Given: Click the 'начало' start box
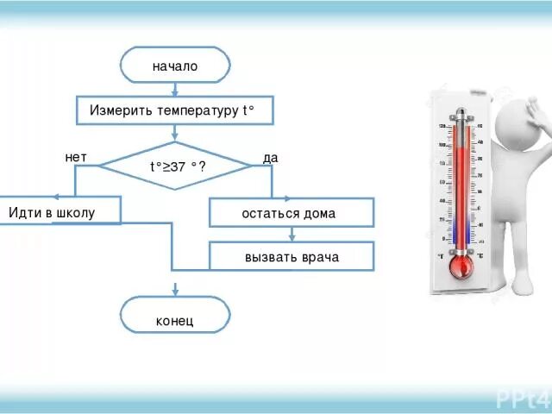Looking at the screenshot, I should pyautogui.click(x=175, y=66).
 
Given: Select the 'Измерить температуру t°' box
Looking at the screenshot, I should pyautogui.click(x=175, y=111).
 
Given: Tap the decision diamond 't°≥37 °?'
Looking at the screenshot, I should pyautogui.click(x=175, y=166).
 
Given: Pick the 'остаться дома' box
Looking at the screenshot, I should pyautogui.click(x=291, y=212).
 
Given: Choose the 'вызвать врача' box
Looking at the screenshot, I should pyautogui.click(x=291, y=257).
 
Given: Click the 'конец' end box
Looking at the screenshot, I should pyautogui.click(x=175, y=321).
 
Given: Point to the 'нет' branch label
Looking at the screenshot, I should pyautogui.click(x=76, y=157).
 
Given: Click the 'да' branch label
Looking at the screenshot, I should pyautogui.click(x=270, y=158).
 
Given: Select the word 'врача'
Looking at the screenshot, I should pyautogui.click(x=319, y=257).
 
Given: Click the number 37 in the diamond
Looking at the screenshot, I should pyautogui.click(x=177, y=167).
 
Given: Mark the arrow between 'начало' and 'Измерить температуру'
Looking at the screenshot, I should pyautogui.click(x=175, y=90).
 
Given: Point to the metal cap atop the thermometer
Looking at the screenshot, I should pyautogui.click(x=461, y=113).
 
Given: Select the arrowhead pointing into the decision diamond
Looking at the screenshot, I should pyautogui.click(x=175, y=139).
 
